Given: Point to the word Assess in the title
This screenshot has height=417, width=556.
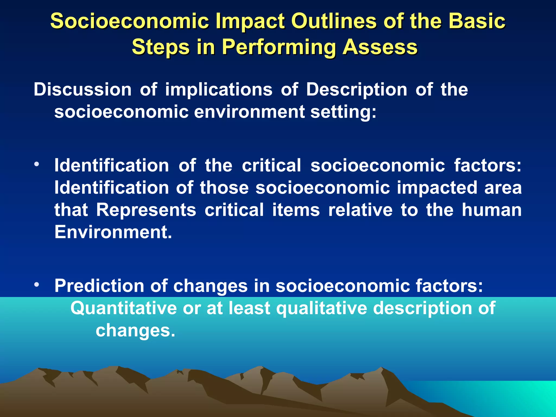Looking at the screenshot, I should [x=380, y=47].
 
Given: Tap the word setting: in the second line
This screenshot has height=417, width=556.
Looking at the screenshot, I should [x=343, y=112].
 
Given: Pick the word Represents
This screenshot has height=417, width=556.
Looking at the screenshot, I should [x=146, y=210].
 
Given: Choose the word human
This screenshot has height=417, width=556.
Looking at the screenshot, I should [x=492, y=210].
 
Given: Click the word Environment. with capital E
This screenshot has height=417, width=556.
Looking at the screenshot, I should [x=113, y=232].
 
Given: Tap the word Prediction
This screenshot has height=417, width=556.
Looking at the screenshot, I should [x=99, y=286].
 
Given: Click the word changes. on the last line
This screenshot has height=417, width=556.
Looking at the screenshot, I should [x=135, y=330].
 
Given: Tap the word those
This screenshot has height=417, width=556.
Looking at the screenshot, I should [x=224, y=188].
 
